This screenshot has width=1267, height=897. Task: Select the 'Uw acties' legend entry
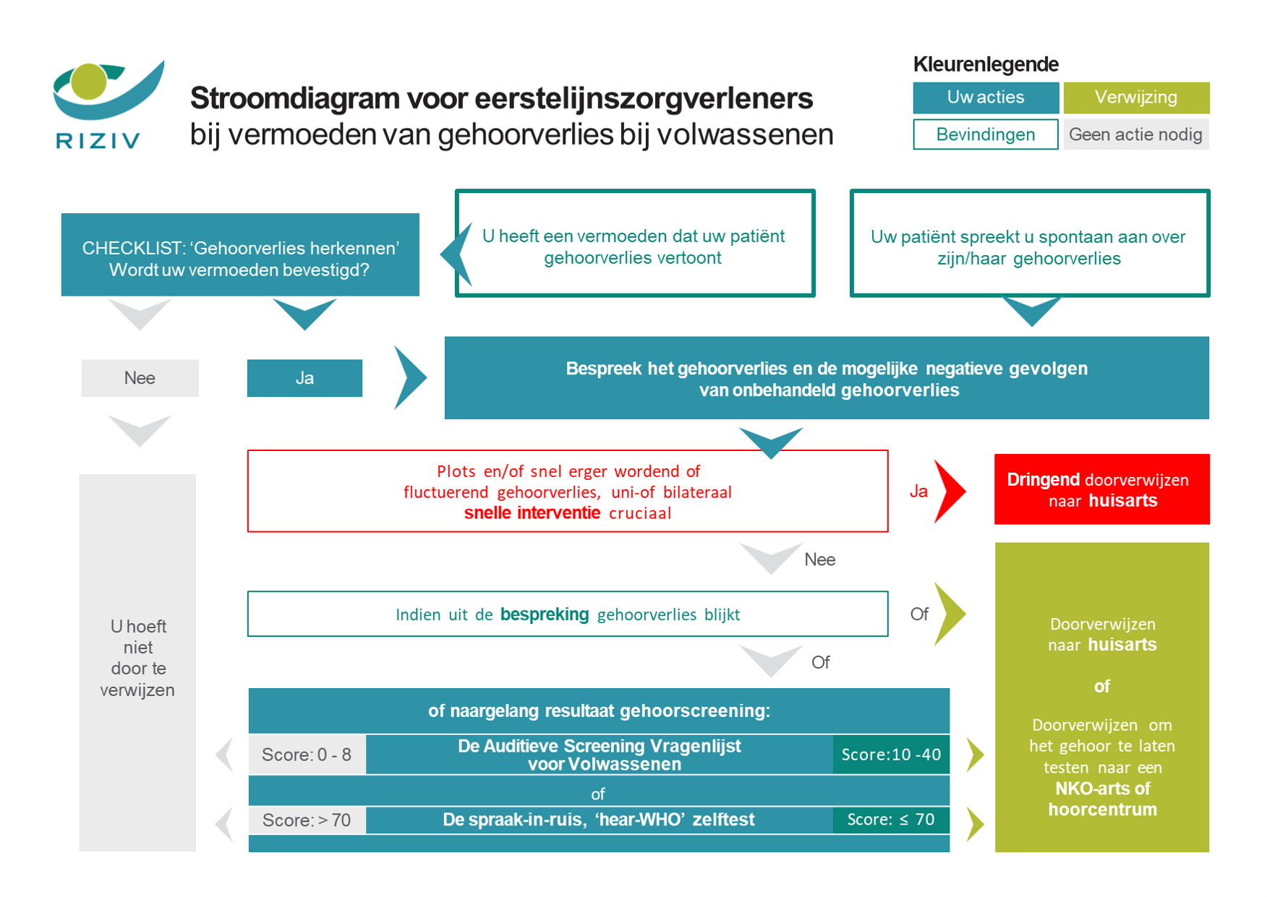click(985, 98)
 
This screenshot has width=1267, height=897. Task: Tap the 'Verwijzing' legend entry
click(1135, 98)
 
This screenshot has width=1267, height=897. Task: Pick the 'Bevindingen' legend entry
click(985, 134)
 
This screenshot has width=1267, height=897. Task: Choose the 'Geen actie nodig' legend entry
click(1135, 134)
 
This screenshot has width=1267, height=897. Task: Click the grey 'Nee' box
click(140, 378)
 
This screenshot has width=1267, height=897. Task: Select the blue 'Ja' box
click(304, 378)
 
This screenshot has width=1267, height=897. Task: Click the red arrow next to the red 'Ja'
click(948, 491)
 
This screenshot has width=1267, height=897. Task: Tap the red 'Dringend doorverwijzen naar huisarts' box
click(1101, 489)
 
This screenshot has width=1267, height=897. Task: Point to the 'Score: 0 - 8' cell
click(307, 755)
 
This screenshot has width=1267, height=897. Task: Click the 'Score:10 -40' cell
click(891, 755)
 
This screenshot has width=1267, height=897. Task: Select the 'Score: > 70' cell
click(307, 820)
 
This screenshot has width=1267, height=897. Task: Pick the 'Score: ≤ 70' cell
click(891, 820)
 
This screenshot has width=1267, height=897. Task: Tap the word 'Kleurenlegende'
click(986, 64)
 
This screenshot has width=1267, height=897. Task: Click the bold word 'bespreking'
click(545, 614)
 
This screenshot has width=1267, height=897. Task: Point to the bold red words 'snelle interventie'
click(532, 513)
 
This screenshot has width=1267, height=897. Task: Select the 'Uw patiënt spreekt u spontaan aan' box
click(1029, 244)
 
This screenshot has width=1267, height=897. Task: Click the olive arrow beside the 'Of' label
click(949, 614)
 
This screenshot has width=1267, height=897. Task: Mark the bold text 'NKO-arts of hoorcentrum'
click(1102, 799)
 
